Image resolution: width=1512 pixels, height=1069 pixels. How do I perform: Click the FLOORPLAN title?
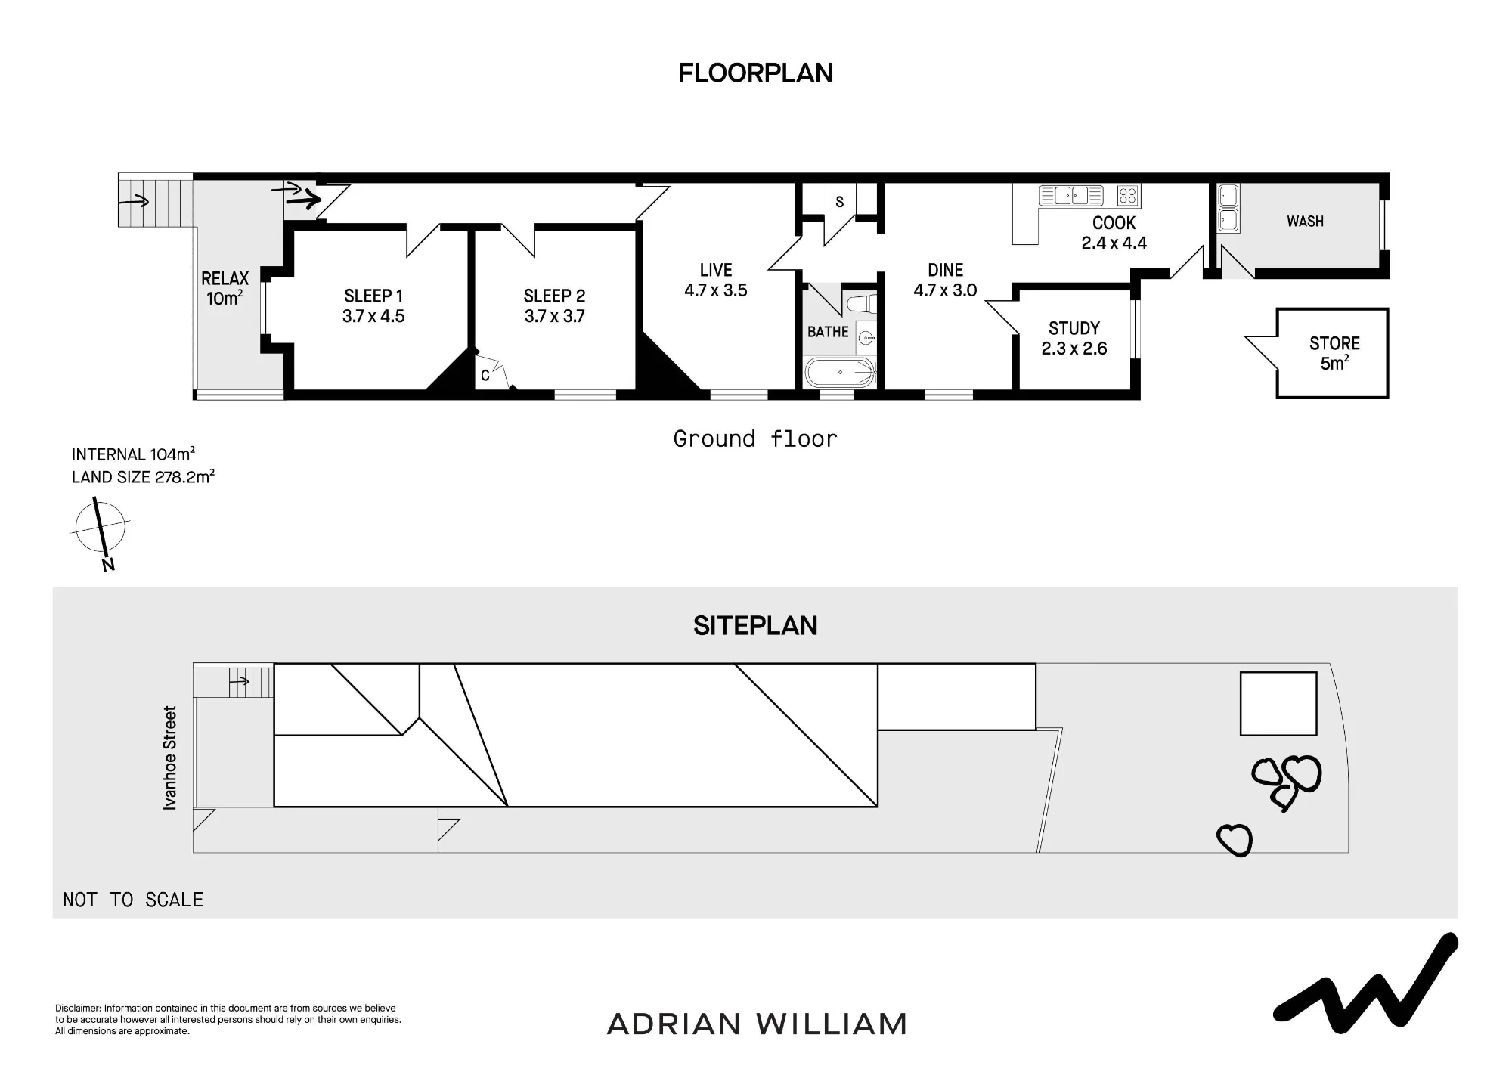click(x=755, y=73)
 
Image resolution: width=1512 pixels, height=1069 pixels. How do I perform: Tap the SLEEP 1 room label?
click(x=373, y=296)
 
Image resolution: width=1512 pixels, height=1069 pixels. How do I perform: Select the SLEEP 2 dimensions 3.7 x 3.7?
click(x=555, y=316)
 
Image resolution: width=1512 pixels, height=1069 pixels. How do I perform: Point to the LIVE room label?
click(x=716, y=270)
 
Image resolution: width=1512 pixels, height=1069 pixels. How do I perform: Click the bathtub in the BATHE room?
click(x=840, y=373)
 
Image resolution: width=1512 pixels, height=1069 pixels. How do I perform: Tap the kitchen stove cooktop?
click(x=1128, y=196)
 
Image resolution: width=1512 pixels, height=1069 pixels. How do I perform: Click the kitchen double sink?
click(x=1071, y=196)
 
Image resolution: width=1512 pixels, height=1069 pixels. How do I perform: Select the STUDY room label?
click(x=1074, y=328)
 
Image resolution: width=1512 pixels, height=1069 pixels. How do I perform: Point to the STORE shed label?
click(x=1334, y=343)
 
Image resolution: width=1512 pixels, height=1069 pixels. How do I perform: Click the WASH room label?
click(x=1306, y=222)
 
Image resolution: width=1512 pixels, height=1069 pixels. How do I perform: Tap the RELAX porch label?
click(x=225, y=278)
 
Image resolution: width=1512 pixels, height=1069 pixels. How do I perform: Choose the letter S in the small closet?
click(x=839, y=202)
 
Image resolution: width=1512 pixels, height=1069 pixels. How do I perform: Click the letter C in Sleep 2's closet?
click(x=485, y=375)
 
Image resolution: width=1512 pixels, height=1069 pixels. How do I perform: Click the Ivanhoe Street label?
click(x=170, y=758)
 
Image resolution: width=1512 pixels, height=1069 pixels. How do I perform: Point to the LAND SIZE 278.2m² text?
click(x=143, y=477)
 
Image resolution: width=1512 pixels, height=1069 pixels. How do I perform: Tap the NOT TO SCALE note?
click(x=133, y=900)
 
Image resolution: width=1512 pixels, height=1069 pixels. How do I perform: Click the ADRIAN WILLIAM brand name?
click(x=757, y=1024)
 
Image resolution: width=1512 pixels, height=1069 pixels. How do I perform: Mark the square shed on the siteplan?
click(x=1278, y=704)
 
